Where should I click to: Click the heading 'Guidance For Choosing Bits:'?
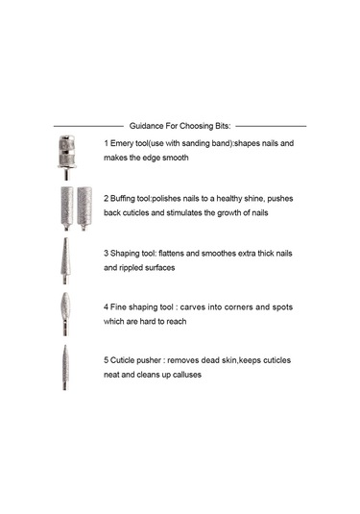click(x=180, y=126)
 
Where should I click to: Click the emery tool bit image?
click(x=66, y=157)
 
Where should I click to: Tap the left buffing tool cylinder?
click(x=67, y=208)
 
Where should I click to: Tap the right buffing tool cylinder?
click(x=84, y=208)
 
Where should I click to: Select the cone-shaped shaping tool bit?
click(x=65, y=260)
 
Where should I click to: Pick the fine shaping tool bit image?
click(x=65, y=314)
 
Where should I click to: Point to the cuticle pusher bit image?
click(x=65, y=367)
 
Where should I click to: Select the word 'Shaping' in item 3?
click(x=125, y=254)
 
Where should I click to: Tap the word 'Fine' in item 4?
click(x=118, y=307)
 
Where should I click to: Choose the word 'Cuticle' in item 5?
click(x=122, y=360)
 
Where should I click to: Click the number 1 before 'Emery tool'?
click(x=106, y=143)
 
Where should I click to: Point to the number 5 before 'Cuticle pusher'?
click(x=107, y=360)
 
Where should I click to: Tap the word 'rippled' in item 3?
click(x=131, y=268)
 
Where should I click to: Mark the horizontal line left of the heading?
click(x=88, y=126)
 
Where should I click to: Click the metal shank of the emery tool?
click(x=66, y=174)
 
